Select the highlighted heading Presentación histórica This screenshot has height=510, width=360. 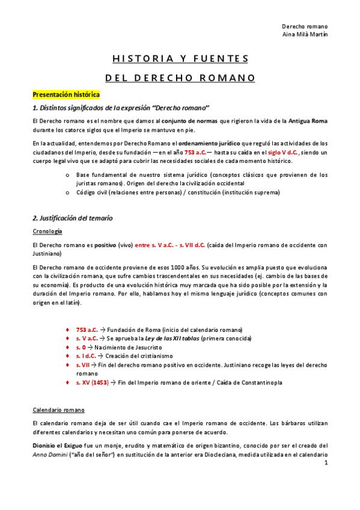pos(66,94)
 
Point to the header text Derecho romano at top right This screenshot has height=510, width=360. pos(305,26)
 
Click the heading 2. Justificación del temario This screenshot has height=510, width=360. pos(72,218)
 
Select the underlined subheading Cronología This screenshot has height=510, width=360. pos(47,231)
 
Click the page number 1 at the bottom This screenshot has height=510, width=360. pos(325,464)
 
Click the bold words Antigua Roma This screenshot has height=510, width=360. pos(308,121)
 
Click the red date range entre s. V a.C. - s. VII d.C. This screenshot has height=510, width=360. pos(170,245)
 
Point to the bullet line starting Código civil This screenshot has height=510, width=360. pos(178,192)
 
